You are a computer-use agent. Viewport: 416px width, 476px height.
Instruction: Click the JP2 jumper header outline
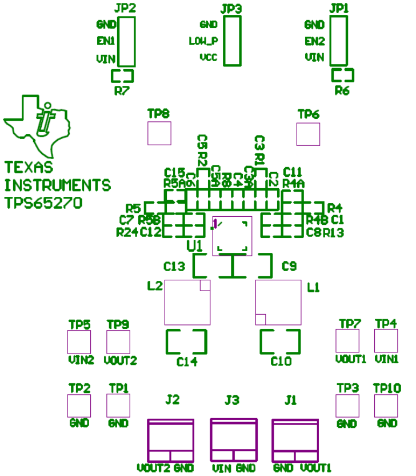(126, 41)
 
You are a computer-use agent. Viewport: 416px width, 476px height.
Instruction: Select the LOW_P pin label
(203, 41)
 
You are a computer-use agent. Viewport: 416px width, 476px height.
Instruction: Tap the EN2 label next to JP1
(314, 41)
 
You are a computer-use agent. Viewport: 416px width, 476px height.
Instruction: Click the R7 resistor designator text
(122, 91)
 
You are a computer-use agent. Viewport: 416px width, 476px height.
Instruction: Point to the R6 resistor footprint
(343, 75)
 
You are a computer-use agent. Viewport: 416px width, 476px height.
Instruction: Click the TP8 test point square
(159, 133)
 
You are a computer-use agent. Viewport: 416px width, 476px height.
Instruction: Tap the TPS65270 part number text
(43, 203)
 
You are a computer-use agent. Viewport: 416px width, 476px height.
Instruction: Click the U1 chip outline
(232, 235)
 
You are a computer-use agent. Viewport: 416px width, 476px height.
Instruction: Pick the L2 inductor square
(187, 303)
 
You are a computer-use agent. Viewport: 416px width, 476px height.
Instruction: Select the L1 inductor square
(278, 303)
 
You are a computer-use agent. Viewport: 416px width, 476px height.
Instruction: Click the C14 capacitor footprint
(186, 342)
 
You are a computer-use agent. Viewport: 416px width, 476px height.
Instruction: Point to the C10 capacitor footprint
(281, 342)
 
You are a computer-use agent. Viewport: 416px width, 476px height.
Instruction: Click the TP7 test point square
(347, 341)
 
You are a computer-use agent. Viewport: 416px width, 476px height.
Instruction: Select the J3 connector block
(234, 441)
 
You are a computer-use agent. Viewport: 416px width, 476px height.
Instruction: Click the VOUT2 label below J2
(153, 468)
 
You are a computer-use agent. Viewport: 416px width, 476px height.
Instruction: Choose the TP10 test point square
(386, 406)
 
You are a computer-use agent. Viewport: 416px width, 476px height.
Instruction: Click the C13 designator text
(174, 267)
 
